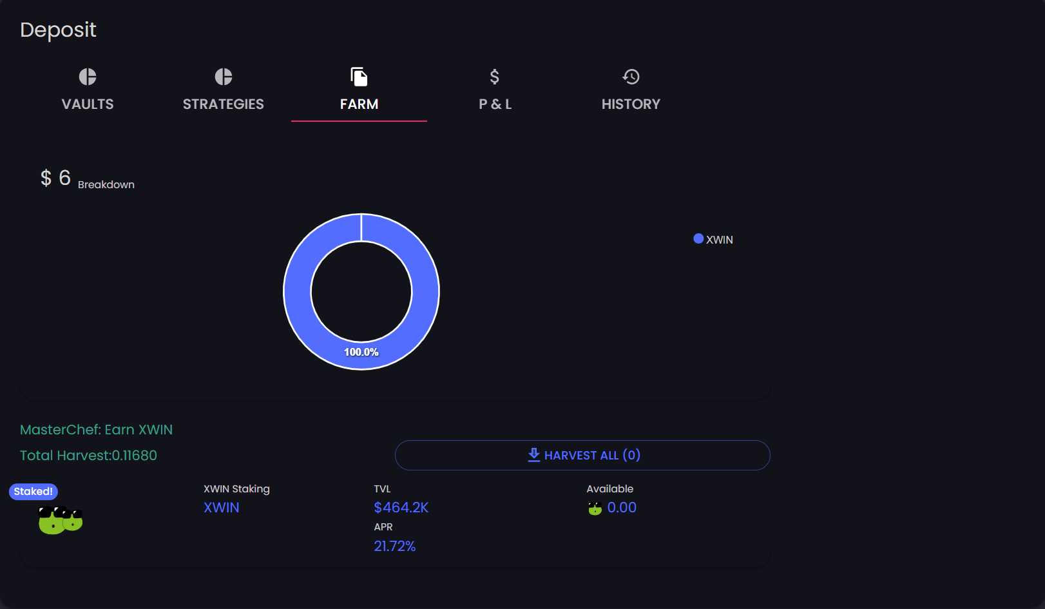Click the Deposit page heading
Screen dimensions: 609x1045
(58, 30)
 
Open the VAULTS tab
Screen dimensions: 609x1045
(88, 104)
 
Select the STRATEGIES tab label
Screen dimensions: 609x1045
(223, 104)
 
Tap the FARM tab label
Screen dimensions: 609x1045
(359, 104)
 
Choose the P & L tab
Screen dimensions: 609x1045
(495, 104)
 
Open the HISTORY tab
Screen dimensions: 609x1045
(631, 104)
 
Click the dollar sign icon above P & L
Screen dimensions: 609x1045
(495, 77)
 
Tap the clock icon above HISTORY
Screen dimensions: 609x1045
(631, 77)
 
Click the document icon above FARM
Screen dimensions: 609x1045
(359, 77)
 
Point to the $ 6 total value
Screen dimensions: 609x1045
(55, 178)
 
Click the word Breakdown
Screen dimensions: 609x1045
(106, 184)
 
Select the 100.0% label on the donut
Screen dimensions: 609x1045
(361, 352)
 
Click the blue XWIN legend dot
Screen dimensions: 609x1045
(698, 238)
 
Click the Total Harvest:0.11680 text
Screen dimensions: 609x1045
(88, 455)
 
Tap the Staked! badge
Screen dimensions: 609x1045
(34, 492)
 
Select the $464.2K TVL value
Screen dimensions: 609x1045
(401, 508)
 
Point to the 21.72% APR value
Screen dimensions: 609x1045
(394, 546)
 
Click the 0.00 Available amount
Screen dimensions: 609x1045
(622, 508)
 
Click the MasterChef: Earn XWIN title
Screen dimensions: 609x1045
(96, 429)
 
